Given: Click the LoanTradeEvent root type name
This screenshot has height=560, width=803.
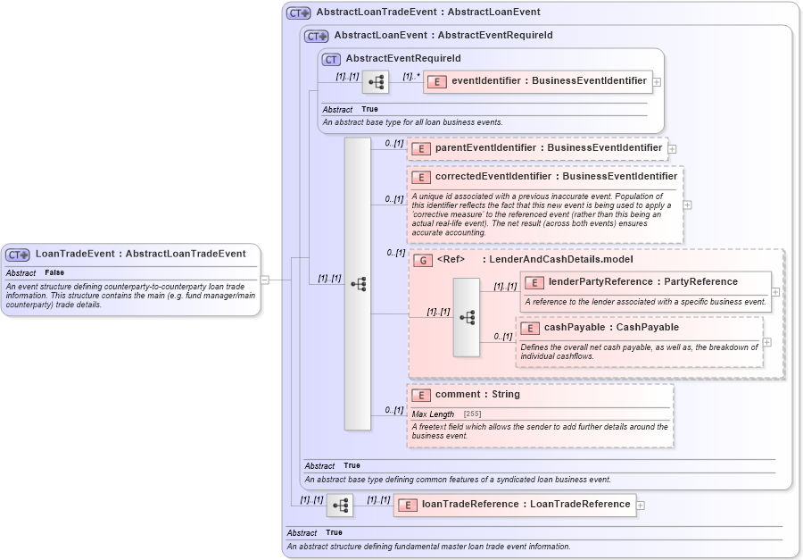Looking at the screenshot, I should (x=140, y=254).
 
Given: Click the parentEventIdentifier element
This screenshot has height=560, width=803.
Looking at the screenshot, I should (x=548, y=148).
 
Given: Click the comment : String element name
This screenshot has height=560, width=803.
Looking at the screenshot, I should (x=477, y=395).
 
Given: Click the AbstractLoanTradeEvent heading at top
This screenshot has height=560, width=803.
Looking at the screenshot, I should (x=427, y=13).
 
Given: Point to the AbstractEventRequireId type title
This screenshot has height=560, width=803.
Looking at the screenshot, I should (x=403, y=59).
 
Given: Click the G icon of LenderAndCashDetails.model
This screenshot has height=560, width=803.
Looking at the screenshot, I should (x=424, y=260).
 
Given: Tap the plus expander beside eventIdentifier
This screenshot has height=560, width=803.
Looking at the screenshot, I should (x=657, y=81).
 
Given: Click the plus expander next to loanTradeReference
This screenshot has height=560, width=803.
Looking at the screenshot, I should (x=641, y=505).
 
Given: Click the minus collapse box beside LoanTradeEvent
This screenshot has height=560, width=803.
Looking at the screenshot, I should (x=265, y=280).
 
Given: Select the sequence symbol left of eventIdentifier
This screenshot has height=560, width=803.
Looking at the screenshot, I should (x=376, y=81).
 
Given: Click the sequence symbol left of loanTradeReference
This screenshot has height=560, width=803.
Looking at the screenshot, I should (x=340, y=506).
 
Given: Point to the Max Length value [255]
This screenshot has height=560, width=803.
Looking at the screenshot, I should (x=473, y=414).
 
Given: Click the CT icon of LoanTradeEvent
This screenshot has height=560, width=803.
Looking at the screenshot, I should (x=18, y=255).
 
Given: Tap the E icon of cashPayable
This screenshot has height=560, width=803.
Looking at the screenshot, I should (x=530, y=328).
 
